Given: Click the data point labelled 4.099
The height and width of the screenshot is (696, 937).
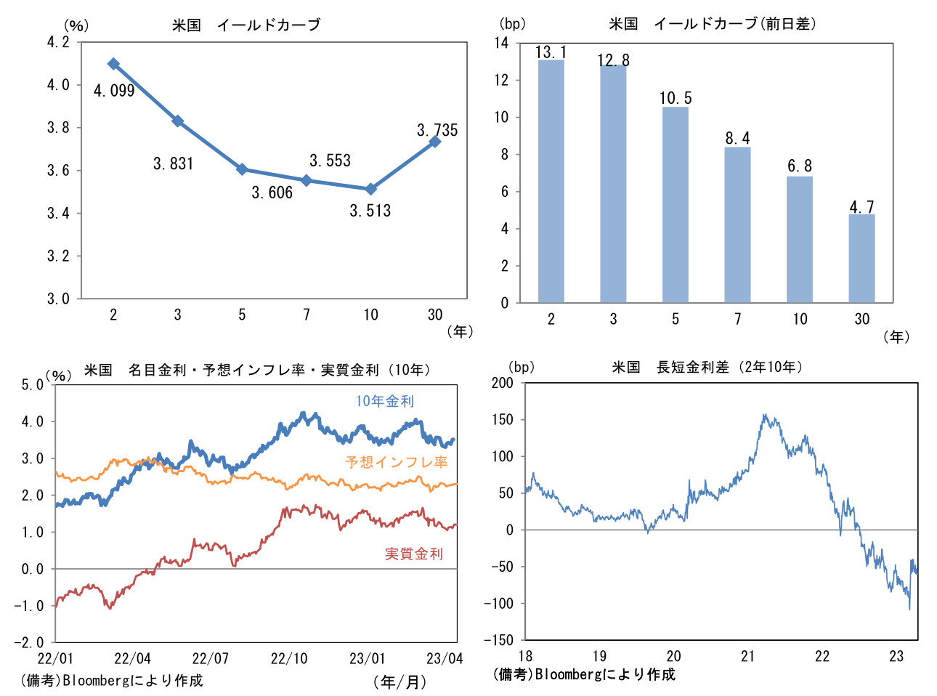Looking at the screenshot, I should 113,64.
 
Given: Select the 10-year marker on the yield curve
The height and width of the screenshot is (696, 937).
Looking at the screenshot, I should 371,189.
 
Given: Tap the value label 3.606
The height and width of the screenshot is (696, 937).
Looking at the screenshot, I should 272,193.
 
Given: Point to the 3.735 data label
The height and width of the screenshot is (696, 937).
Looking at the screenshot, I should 437,130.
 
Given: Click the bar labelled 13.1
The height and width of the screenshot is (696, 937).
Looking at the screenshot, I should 551,181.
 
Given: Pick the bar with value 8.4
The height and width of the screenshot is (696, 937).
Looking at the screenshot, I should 737,224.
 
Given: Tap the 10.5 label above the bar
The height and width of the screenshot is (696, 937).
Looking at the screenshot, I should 676,98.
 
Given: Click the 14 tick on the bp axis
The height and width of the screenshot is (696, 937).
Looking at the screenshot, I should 502,43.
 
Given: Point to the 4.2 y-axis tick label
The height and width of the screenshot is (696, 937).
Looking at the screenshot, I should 58,42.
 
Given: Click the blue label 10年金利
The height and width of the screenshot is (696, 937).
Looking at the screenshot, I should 384,401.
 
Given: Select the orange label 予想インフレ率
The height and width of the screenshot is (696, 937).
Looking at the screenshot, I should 397,462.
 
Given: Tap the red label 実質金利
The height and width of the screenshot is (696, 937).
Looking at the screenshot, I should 413,554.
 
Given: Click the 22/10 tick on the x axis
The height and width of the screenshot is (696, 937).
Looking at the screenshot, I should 288,658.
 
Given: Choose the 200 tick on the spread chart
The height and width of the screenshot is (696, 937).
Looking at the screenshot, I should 502,383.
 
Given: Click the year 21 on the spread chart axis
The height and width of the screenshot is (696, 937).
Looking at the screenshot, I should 747,656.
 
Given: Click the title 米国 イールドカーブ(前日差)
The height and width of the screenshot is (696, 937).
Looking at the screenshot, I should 713,24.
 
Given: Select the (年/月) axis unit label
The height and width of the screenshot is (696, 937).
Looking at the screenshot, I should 399,681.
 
